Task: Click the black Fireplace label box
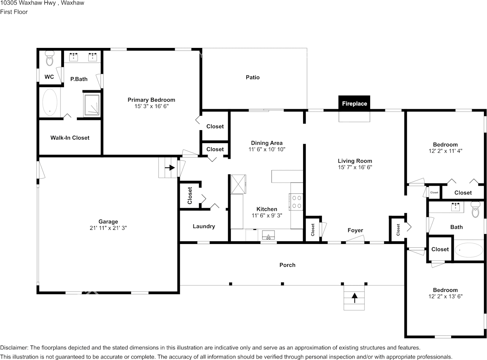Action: point(354,103)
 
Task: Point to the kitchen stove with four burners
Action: point(296,202)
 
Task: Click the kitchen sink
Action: point(268,236)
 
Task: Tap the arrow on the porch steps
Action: point(354,298)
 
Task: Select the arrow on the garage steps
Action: point(169,167)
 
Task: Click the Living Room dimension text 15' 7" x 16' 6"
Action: point(354,167)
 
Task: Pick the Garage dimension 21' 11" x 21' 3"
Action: point(108,228)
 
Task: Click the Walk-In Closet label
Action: point(70,138)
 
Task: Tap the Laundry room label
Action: point(204,226)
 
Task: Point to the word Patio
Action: point(252,77)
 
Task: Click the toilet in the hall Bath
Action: point(475,210)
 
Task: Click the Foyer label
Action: point(355,230)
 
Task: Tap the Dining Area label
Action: point(267,143)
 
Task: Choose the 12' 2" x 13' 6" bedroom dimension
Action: point(445,296)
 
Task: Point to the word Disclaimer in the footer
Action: point(14,347)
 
